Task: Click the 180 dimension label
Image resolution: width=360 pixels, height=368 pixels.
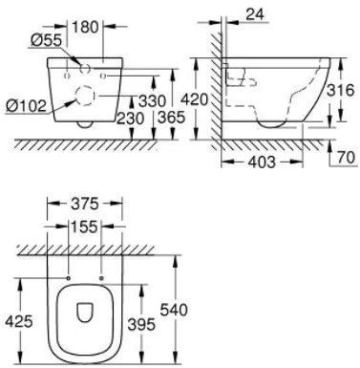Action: (x=85, y=27)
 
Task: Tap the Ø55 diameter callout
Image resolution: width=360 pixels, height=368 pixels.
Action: (x=46, y=40)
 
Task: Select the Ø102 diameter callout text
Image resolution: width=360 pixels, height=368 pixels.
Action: (x=27, y=105)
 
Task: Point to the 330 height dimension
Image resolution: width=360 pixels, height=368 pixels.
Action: (x=152, y=101)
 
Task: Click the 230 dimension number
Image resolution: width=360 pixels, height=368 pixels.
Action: (x=130, y=119)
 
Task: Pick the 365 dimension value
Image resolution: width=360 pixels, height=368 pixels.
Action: (x=172, y=118)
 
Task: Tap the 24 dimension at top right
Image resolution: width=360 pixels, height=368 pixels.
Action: (x=255, y=14)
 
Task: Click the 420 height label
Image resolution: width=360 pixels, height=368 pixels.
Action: (x=194, y=99)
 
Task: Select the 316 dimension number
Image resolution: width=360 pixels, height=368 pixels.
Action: (x=341, y=90)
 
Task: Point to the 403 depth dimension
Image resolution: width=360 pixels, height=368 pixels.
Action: (x=262, y=162)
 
